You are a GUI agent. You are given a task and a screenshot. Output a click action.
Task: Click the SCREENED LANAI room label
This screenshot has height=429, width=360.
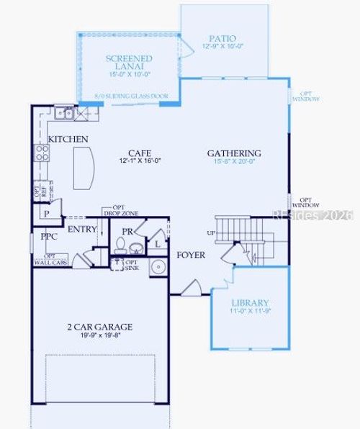tap(129, 63)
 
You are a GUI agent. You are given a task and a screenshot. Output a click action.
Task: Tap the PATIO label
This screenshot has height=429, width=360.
tap(222, 38)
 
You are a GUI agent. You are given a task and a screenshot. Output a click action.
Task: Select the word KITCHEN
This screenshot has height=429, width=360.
tap(68, 139)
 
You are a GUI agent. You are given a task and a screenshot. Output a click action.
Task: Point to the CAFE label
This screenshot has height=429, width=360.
tap(139, 153)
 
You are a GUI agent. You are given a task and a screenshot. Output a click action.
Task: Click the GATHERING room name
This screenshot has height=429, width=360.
tap(234, 153)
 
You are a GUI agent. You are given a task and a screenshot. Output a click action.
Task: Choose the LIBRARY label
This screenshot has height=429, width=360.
tap(250, 303)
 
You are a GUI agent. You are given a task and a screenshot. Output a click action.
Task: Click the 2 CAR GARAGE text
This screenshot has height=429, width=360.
tap(99, 327)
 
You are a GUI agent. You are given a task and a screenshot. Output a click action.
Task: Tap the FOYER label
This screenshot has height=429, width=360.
tap(191, 256)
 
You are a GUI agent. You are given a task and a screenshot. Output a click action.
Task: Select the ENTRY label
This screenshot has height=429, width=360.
tap(82, 230)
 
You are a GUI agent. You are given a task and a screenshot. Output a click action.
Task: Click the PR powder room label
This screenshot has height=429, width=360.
tap(127, 232)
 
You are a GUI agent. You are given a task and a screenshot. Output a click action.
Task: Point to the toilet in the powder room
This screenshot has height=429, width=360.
tap(135, 248)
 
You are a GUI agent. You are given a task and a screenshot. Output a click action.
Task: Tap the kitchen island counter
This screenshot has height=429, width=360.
tap(84, 166)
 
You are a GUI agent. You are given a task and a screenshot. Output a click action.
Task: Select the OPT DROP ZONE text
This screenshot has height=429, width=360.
tap(120, 210)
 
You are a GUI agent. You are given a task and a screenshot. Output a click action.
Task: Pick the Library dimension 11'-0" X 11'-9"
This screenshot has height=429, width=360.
tap(250, 312)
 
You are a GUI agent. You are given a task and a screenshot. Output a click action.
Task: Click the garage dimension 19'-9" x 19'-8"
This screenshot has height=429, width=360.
tap(100, 335)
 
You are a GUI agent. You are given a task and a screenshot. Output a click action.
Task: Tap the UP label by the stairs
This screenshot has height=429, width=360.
tap(211, 234)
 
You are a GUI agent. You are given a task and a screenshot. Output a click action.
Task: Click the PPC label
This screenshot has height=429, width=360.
tap(49, 236)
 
